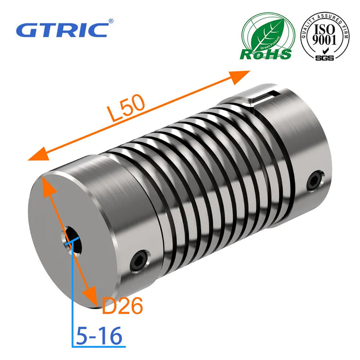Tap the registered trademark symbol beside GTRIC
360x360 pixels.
click(x=111, y=21)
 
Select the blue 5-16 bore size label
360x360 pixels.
click(x=99, y=336)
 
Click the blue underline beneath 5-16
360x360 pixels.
click(x=97, y=346)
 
